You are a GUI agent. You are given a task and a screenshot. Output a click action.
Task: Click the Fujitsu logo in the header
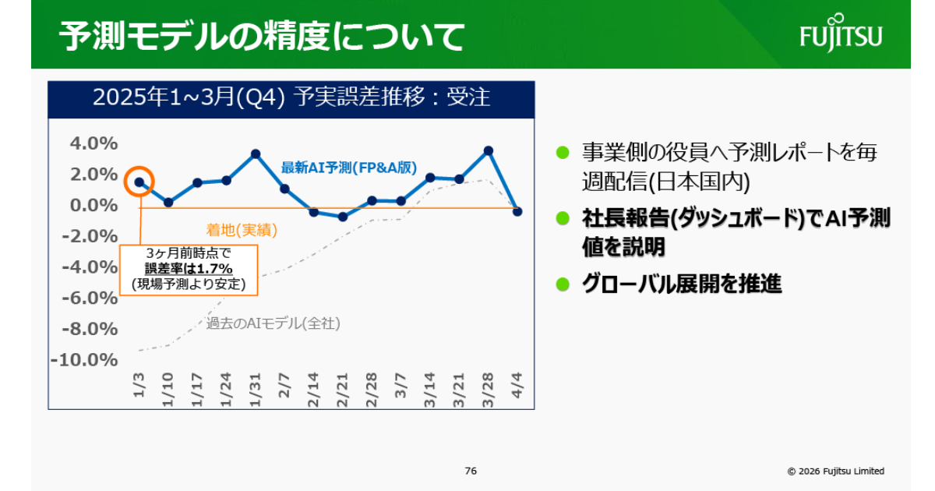pyautogui.click(x=841, y=33)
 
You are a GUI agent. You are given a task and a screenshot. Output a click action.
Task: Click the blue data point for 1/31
pyautogui.click(x=256, y=154)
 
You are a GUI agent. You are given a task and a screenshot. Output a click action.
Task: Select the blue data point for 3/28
pyautogui.click(x=489, y=150)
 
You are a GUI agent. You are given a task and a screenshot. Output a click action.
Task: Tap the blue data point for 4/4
pyautogui.click(x=517, y=212)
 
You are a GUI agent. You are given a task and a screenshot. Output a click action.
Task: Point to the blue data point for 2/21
pyautogui.click(x=343, y=217)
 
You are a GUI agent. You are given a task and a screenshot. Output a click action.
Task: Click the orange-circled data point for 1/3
pyautogui.click(x=139, y=182)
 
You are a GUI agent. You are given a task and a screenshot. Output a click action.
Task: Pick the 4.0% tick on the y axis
pyautogui.click(x=94, y=143)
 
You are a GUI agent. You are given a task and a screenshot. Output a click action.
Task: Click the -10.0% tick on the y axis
pyautogui.click(x=84, y=360)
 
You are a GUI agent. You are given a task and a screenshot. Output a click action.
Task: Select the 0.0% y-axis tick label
pyautogui.click(x=94, y=206)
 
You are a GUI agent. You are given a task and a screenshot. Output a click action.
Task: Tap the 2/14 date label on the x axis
pyautogui.click(x=313, y=390)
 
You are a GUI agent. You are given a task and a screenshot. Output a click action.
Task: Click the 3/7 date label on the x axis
pyautogui.click(x=400, y=385)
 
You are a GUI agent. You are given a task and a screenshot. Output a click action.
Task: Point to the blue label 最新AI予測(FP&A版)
pyautogui.click(x=349, y=168)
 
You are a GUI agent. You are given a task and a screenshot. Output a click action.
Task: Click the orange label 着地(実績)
pyautogui.click(x=242, y=230)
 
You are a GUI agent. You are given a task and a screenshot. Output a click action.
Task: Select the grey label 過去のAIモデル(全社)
pyautogui.click(x=273, y=323)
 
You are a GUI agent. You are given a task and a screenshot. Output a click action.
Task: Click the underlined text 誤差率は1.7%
pyautogui.click(x=189, y=268)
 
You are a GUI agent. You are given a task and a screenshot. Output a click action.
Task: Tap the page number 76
pyautogui.click(x=471, y=471)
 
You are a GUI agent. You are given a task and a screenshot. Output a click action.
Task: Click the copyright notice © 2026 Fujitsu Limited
pyautogui.click(x=835, y=471)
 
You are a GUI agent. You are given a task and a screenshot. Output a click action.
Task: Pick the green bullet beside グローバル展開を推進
pyautogui.click(x=563, y=284)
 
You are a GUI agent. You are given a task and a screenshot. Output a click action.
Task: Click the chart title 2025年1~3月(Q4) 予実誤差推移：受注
pyautogui.click(x=291, y=97)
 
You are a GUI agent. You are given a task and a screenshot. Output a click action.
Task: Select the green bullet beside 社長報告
pyautogui.click(x=563, y=218)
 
